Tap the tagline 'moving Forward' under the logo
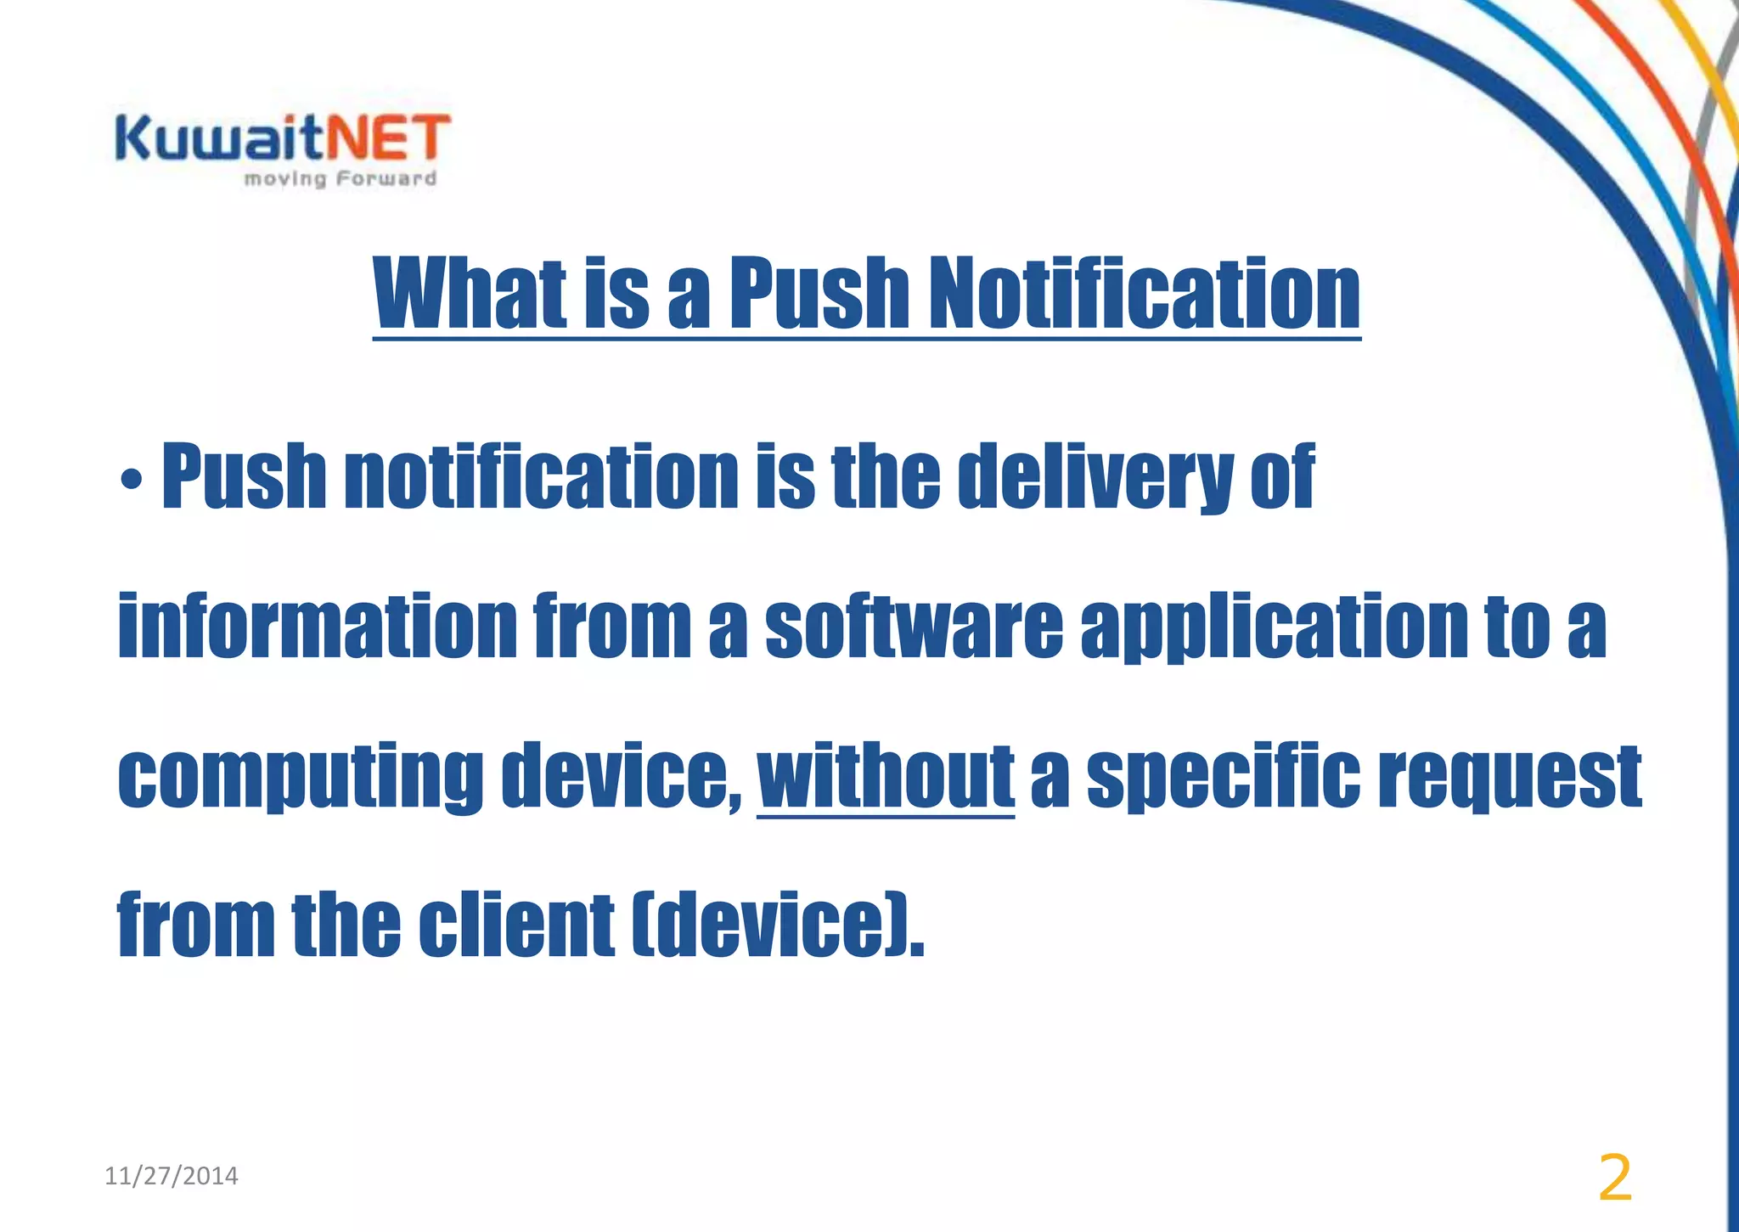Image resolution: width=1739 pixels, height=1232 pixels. (340, 179)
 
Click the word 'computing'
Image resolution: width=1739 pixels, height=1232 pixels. (301, 778)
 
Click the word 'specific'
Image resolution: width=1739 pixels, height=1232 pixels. (1223, 778)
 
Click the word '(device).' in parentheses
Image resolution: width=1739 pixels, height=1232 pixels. (777, 925)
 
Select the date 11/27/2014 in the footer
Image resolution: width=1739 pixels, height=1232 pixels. (172, 1176)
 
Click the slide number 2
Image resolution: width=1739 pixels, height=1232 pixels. (1614, 1179)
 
